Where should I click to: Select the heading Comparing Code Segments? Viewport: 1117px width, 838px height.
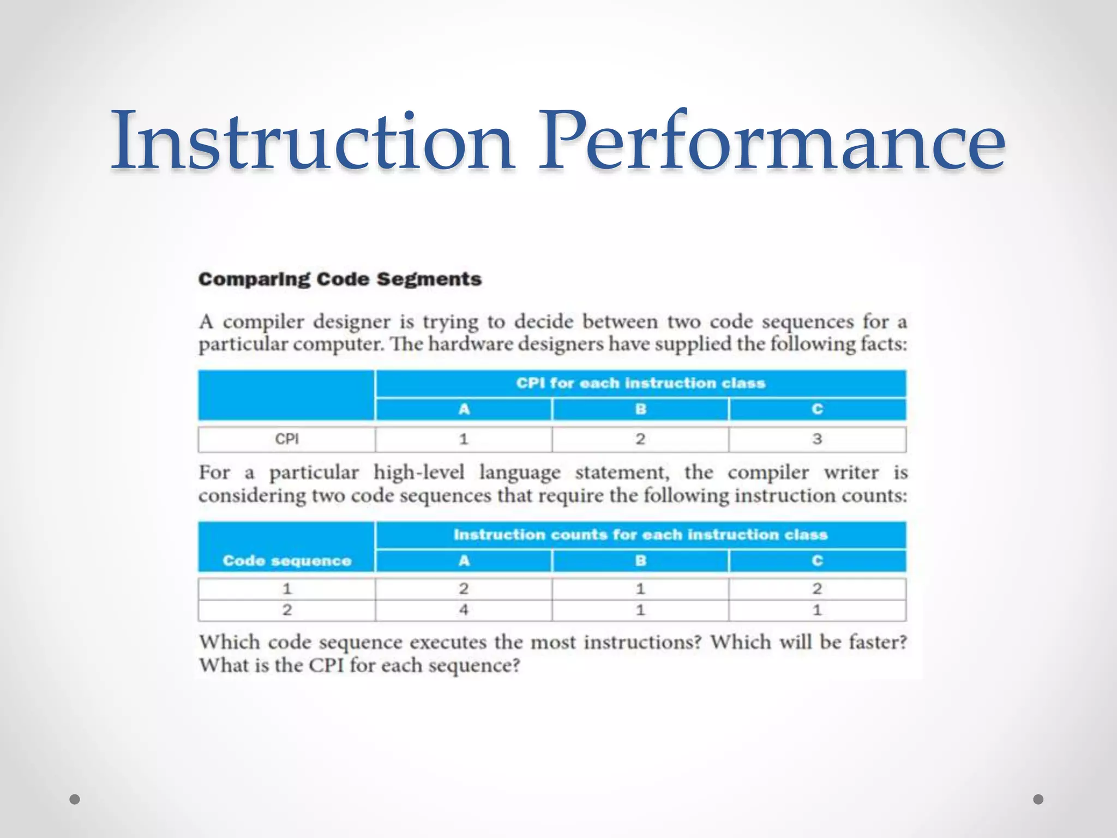tap(340, 279)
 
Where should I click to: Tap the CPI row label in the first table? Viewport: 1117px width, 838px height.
tap(287, 439)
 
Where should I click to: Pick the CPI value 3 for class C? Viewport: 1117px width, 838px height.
tap(817, 439)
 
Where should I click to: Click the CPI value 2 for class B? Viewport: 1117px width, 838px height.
tap(640, 439)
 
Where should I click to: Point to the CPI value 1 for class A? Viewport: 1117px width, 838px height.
tap(464, 439)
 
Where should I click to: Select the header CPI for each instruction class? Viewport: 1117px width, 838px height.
tap(641, 383)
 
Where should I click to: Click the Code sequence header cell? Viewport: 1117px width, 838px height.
tap(287, 561)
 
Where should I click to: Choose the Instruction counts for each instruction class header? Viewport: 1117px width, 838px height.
tap(641, 535)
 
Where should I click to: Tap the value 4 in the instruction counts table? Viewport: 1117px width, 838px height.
tap(464, 610)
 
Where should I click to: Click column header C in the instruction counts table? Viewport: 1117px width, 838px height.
tap(817, 561)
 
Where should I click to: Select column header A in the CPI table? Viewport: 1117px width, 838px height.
tap(464, 409)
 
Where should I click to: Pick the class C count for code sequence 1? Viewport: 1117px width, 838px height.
tap(817, 589)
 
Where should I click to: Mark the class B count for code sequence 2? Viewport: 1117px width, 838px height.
tap(640, 610)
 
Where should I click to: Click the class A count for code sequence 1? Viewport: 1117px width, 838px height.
tap(464, 589)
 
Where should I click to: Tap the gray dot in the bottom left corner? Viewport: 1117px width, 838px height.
tap(75, 799)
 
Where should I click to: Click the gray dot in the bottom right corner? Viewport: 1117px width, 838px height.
tap(1038, 799)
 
